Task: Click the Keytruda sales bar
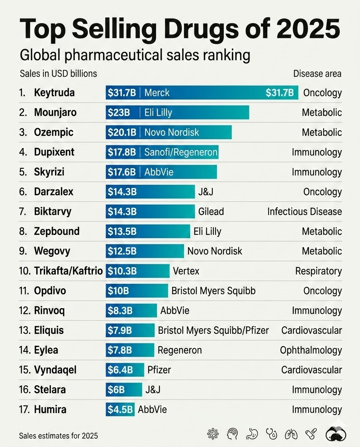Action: [202, 93]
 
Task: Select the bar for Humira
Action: [120, 409]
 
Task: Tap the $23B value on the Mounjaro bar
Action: [119, 113]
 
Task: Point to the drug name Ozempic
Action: [54, 132]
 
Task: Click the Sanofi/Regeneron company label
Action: [181, 152]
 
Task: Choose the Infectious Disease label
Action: [305, 211]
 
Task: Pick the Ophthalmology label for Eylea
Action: [311, 350]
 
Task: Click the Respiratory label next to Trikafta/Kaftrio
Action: [318, 271]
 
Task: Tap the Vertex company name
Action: [186, 271]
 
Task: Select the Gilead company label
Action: [211, 211]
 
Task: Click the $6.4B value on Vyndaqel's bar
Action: [120, 370]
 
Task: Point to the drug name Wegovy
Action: [52, 251]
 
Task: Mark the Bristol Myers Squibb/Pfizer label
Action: [213, 330]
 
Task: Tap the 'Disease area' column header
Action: [317, 74]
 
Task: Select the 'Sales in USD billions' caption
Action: [58, 74]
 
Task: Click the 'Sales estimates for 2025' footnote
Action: [58, 436]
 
